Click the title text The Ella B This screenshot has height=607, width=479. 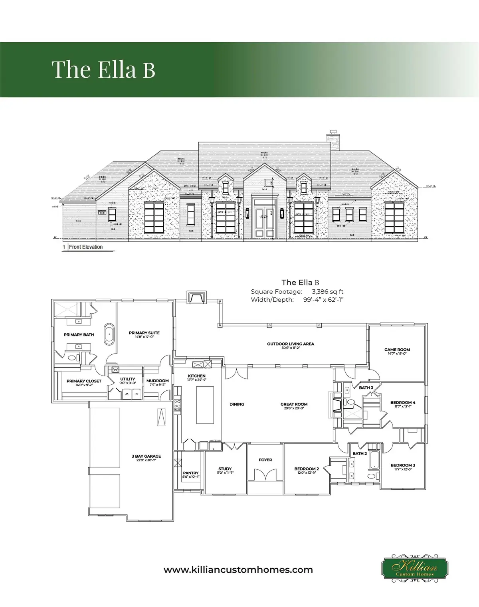coord(103,69)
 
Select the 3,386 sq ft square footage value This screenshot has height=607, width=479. coord(328,292)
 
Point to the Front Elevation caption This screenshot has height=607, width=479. coord(85,247)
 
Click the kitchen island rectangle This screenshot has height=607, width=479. coord(205,404)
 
